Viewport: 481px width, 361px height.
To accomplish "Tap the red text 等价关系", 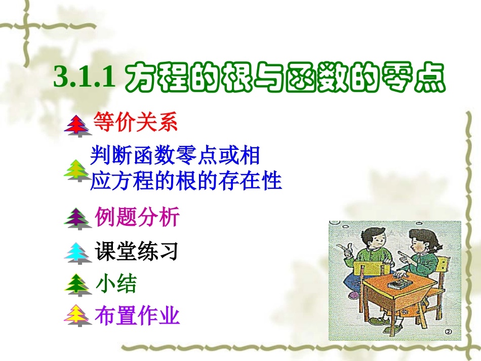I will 136,123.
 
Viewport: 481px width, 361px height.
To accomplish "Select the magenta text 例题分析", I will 137,217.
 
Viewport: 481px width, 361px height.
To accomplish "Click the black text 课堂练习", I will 137,251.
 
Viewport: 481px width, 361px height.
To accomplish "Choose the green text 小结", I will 116,284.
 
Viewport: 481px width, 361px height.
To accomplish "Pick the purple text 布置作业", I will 137,316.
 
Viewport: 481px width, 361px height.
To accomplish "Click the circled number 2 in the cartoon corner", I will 448,332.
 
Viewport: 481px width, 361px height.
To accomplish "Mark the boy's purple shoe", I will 354,294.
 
